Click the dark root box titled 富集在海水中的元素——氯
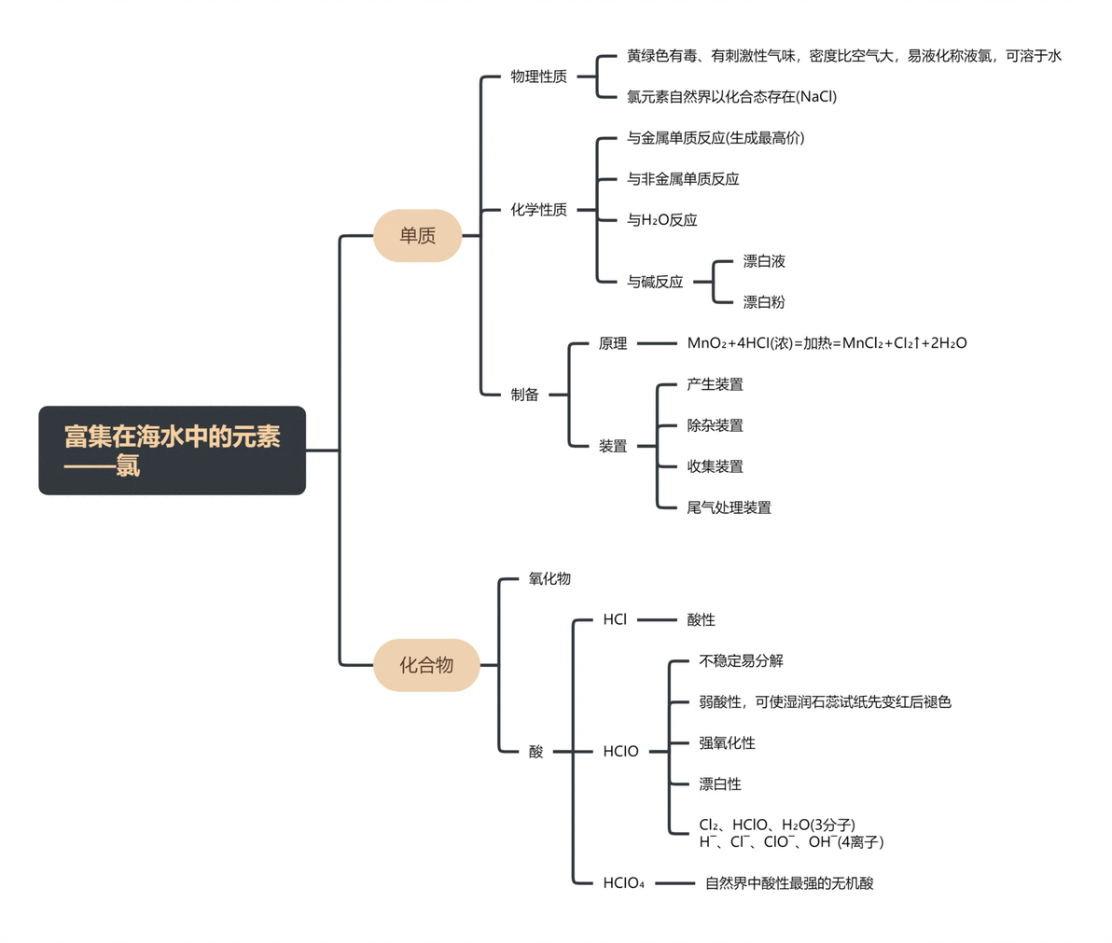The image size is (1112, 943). pyautogui.click(x=173, y=451)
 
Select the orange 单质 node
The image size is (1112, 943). pyautogui.click(x=418, y=235)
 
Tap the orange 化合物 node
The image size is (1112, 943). pyautogui.click(x=426, y=665)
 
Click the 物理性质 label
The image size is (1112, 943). pyautogui.click(x=539, y=76)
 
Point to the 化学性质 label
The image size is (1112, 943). pyautogui.click(x=539, y=210)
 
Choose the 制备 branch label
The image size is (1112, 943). pyautogui.click(x=525, y=395)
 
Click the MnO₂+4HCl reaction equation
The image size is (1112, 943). pyautogui.click(x=827, y=343)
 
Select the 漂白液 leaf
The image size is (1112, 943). pyautogui.click(x=764, y=261)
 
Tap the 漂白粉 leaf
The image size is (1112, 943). pyautogui.click(x=764, y=302)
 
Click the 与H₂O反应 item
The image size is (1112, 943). pyautogui.click(x=661, y=220)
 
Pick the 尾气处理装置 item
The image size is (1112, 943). pyautogui.click(x=729, y=507)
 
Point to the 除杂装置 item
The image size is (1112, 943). pyautogui.click(x=715, y=425)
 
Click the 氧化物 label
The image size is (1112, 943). pyautogui.click(x=549, y=578)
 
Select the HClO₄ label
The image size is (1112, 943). pyautogui.click(x=623, y=882)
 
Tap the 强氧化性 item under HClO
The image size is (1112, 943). pyautogui.click(x=727, y=743)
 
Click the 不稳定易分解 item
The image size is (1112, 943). pyautogui.click(x=741, y=660)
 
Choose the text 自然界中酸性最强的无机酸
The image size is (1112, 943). pyautogui.click(x=789, y=882)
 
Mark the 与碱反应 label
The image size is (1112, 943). pyautogui.click(x=655, y=282)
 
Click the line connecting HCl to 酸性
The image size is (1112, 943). pyautogui.click(x=657, y=619)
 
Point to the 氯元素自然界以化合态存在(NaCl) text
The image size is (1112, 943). pyautogui.click(x=732, y=96)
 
